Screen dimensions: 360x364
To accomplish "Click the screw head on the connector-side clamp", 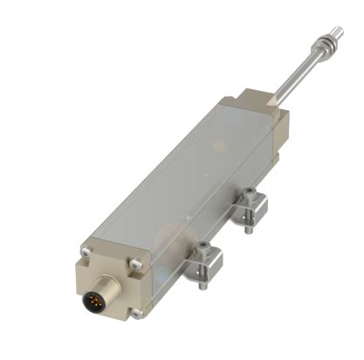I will tap(203, 247).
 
